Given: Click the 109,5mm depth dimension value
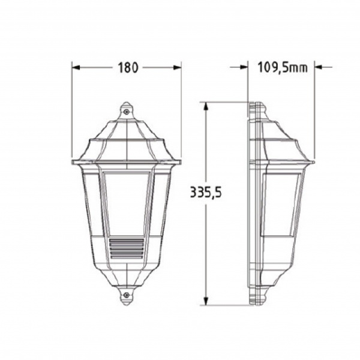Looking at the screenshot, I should tap(282, 67).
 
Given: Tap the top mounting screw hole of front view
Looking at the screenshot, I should tap(127, 110).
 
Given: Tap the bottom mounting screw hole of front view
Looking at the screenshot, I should tap(127, 296).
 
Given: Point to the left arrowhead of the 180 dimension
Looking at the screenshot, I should tap(76, 68).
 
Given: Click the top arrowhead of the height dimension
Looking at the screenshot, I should tap(206, 106).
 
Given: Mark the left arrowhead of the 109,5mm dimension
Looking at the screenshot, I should tap(244, 68).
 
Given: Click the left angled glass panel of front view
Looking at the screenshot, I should tap(91, 201).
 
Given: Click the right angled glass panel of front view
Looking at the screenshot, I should tap(161, 201).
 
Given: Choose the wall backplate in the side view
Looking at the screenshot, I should tap(256, 204).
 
